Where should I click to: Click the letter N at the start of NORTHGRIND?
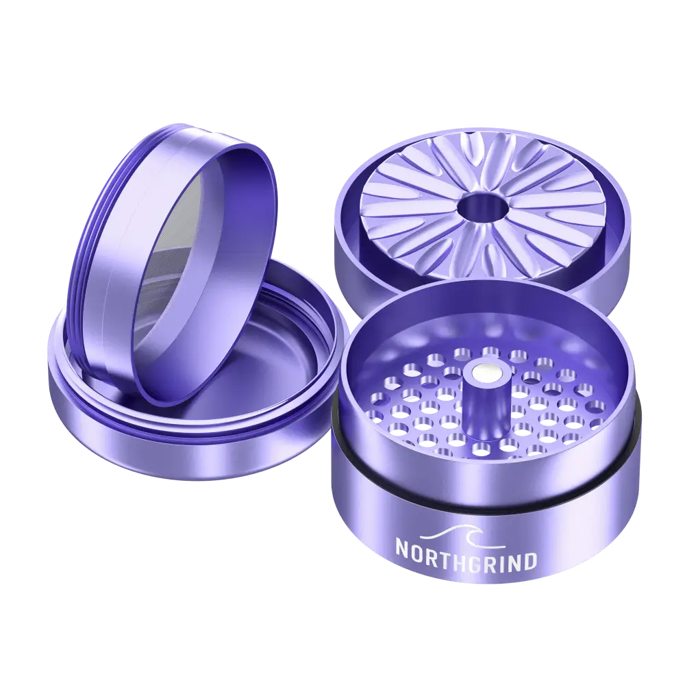[x=402, y=548]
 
